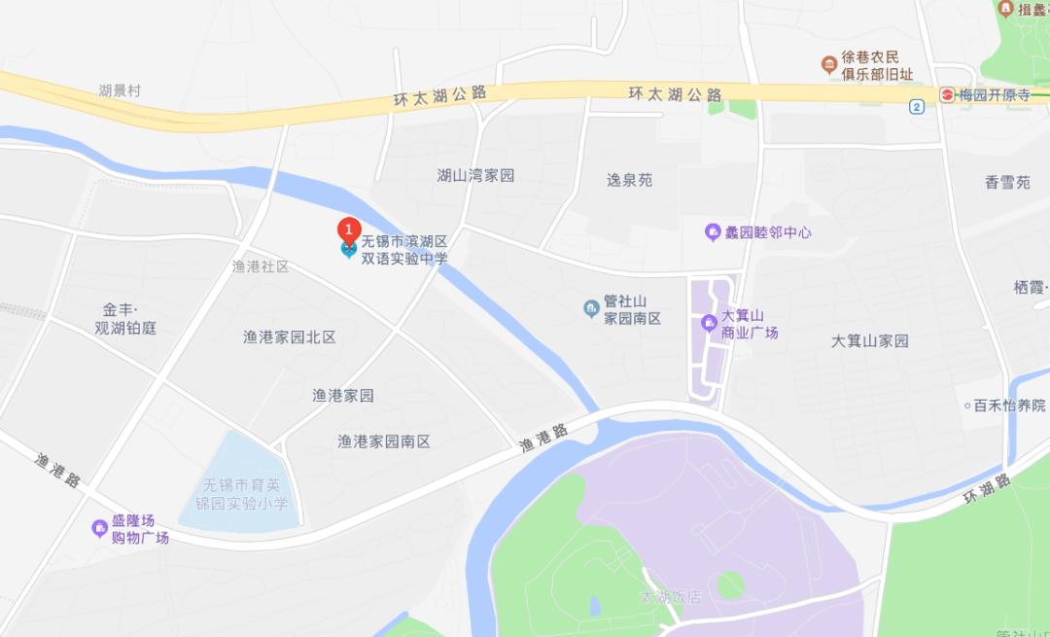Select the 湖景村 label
tap(120, 90)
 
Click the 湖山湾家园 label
tap(475, 175)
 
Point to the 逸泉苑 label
tap(629, 180)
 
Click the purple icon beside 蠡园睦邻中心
tap(713, 232)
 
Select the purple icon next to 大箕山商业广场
tap(709, 322)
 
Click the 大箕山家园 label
tap(870, 340)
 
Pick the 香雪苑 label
tap(1007, 182)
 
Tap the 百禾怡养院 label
tap(1009, 406)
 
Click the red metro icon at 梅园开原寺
tap(947, 94)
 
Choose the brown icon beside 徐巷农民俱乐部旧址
tap(828, 65)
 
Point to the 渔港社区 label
tap(261, 266)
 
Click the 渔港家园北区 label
tap(289, 336)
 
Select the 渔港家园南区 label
tap(383, 441)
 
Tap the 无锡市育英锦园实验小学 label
tap(244, 494)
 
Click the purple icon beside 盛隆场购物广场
tap(99, 528)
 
